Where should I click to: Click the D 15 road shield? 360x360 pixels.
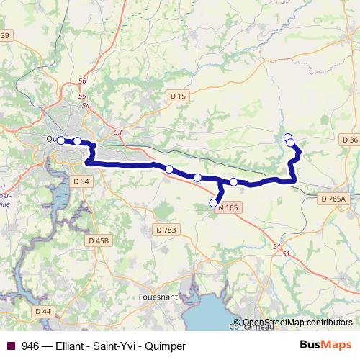178,96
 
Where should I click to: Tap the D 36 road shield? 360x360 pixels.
350,139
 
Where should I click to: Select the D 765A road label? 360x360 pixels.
333,198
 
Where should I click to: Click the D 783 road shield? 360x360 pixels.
165,230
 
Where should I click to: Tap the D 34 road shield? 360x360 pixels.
81,181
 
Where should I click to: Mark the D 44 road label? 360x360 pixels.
42,310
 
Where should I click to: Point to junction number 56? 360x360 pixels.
82,81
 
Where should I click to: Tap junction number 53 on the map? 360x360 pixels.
118,132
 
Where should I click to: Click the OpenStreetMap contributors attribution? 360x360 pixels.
298,323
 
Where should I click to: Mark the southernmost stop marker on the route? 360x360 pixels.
213,204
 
